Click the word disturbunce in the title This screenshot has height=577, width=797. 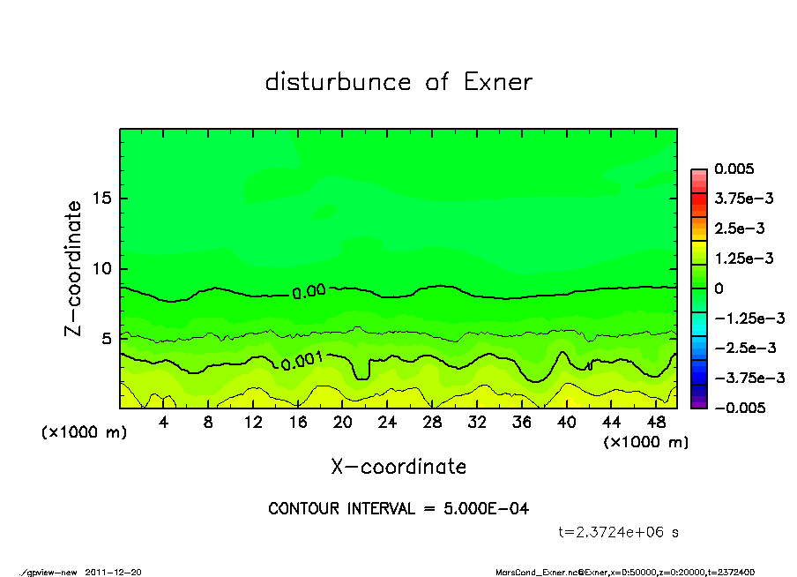tap(338, 82)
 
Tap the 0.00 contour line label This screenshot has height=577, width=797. tap(309, 291)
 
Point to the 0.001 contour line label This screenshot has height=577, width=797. tap(302, 360)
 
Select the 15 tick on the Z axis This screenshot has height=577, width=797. tap(102, 199)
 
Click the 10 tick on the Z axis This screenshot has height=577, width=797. tap(102, 268)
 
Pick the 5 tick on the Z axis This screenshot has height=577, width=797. tap(108, 339)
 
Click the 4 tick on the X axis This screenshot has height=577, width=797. tap(164, 423)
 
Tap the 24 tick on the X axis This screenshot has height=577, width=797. tap(387, 423)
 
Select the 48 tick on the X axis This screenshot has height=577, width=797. tap(655, 423)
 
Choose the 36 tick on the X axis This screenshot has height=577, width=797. tap(521, 423)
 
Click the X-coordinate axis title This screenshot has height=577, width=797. tap(398, 467)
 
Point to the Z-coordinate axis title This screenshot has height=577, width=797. tap(74, 268)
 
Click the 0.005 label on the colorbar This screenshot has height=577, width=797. tap(735, 169)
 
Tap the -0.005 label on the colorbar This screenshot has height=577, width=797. tap(737, 408)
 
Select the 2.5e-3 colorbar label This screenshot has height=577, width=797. tap(739, 229)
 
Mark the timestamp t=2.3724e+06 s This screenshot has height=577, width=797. tap(618, 532)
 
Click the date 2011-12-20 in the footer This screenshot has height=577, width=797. tap(113, 571)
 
